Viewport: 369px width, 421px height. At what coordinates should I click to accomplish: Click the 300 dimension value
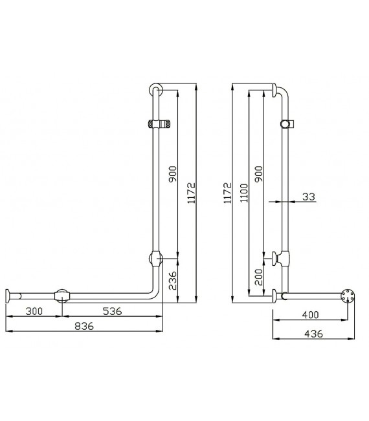click(34, 311)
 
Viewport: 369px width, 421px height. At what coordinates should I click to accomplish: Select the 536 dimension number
click(112, 311)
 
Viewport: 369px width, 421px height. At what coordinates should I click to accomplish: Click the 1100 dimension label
click(243, 191)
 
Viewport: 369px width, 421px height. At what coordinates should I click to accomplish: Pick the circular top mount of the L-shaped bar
click(154, 89)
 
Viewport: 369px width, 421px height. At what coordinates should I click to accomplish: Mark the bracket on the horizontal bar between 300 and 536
click(62, 296)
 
